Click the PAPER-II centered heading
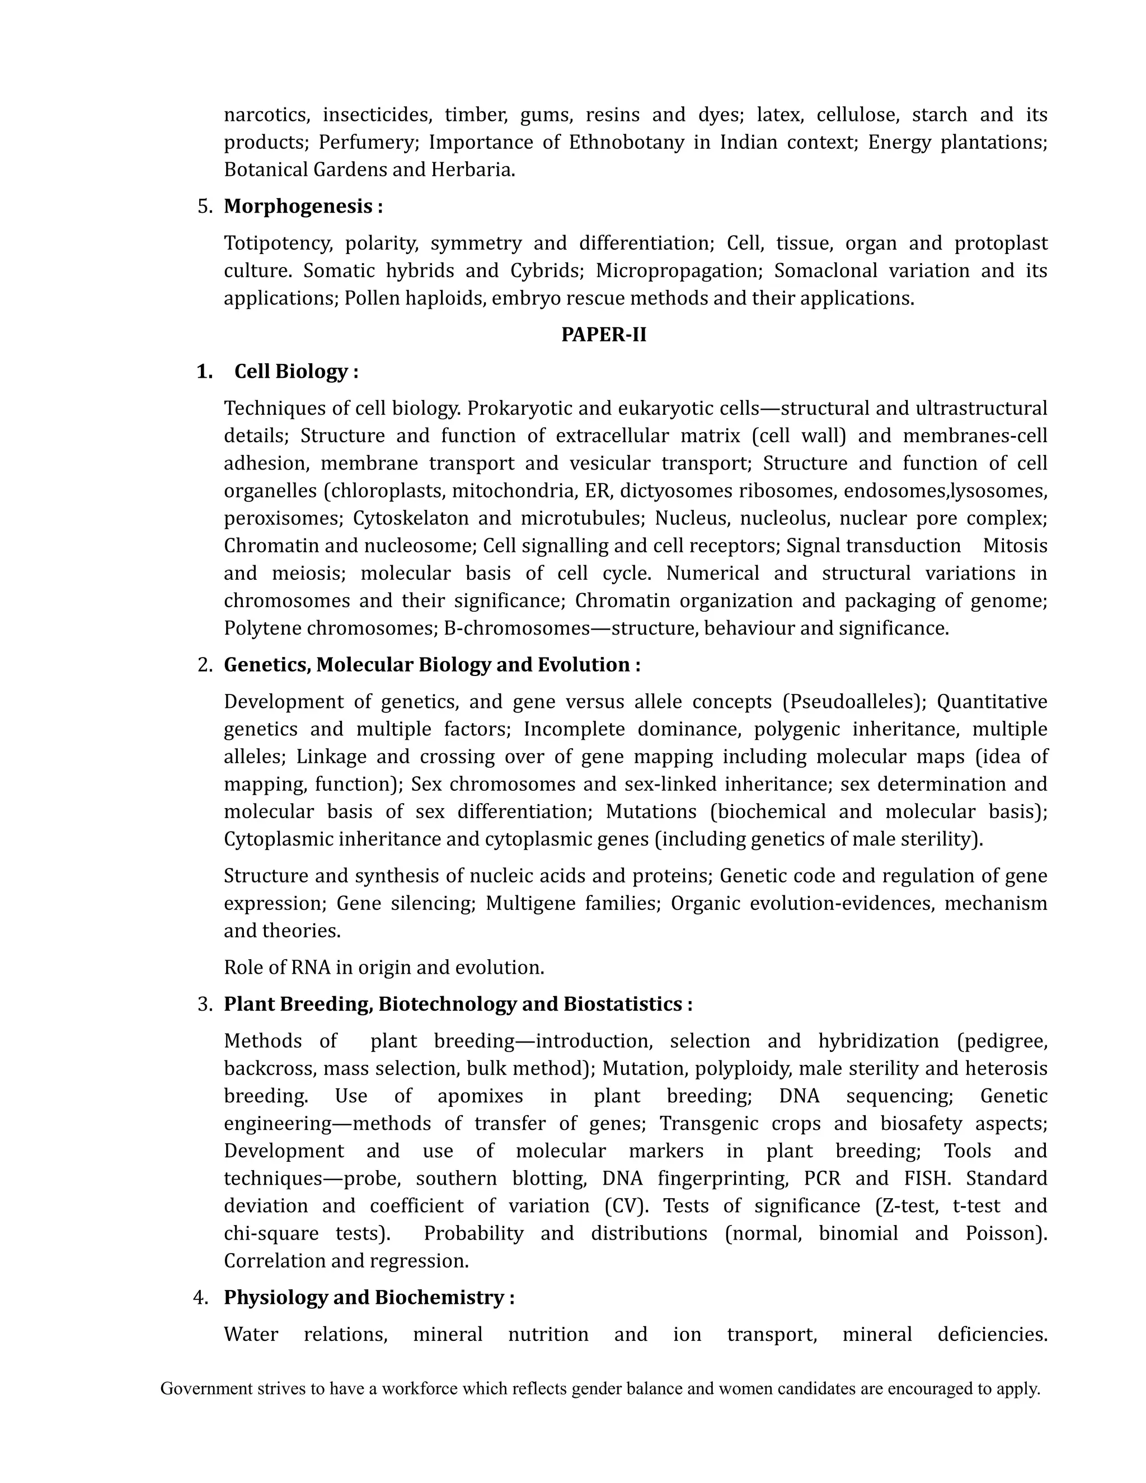click(604, 335)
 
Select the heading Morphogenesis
click(298, 207)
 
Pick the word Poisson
click(1003, 1233)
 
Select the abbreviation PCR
click(821, 1178)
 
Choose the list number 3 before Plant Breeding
click(205, 1005)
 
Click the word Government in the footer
click(206, 1390)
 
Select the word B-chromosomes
click(516, 628)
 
